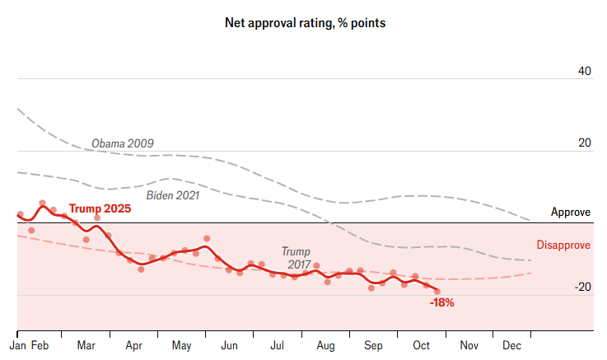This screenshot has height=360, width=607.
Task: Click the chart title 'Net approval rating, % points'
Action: tap(306, 23)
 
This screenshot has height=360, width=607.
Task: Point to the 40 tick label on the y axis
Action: tap(585, 72)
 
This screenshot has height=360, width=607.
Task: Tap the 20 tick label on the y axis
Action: tap(585, 143)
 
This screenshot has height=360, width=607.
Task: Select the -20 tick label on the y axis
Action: tap(583, 287)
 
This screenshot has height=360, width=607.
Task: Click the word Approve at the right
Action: tap(571, 213)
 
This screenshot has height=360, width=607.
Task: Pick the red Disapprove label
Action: tap(563, 245)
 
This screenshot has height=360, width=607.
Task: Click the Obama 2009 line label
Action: tap(123, 143)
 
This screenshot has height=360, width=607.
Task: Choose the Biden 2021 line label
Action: tap(173, 195)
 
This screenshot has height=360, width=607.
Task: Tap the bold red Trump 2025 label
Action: tap(100, 209)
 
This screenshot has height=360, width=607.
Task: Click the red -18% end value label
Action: tap(442, 303)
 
